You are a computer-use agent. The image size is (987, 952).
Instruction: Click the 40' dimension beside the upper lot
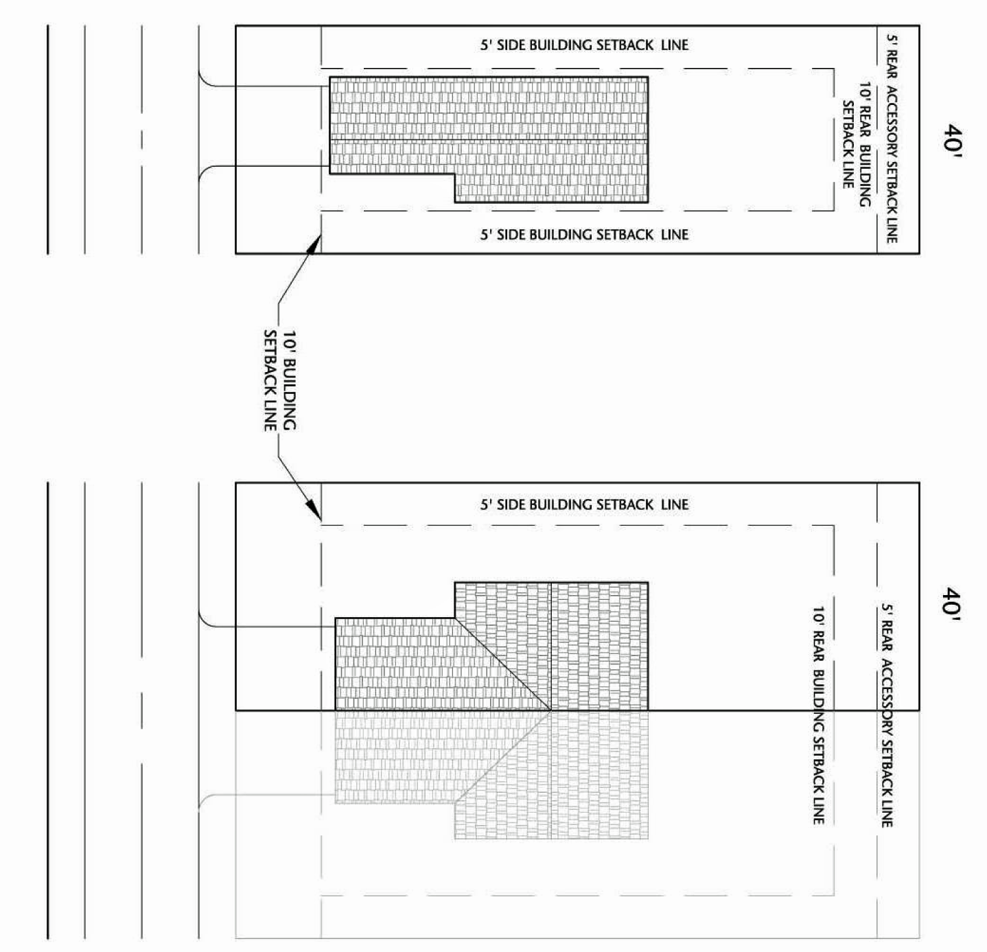point(953,141)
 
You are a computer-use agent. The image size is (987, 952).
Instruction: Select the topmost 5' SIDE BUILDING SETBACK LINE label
point(583,45)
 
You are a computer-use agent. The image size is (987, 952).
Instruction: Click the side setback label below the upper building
point(583,235)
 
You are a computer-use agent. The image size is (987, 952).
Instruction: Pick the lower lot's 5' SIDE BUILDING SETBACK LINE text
point(583,504)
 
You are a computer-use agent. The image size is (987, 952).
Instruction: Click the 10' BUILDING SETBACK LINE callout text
point(280,381)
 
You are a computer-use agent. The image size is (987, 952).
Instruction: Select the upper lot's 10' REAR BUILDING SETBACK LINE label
point(857,144)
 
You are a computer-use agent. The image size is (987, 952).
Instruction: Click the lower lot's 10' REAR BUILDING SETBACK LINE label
point(817,714)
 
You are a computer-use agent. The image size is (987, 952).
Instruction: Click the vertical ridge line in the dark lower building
point(550,645)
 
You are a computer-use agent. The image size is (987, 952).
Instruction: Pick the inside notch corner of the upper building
point(454,174)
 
